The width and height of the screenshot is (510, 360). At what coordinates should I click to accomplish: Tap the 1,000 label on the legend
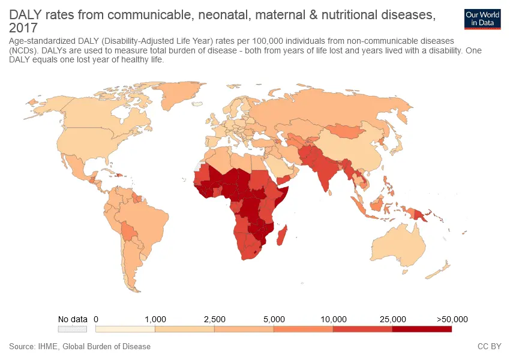tap(155, 319)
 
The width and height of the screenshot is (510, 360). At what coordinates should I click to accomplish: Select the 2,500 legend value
tap(214, 319)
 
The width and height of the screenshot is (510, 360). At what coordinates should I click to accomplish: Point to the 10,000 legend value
tap(334, 319)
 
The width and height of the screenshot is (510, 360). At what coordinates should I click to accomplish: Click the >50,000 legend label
tap(452, 319)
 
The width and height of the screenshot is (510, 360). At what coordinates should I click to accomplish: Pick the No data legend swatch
tap(73, 329)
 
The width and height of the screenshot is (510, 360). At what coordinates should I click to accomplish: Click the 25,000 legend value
tap(392, 319)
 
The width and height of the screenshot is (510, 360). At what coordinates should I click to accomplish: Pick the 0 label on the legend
tap(96, 319)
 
